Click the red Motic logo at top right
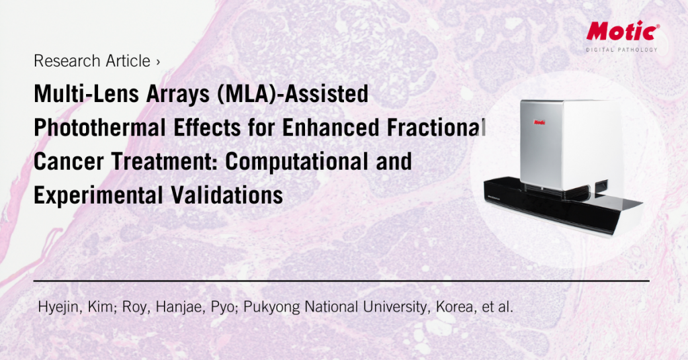click(623, 31)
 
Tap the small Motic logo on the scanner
click(540, 122)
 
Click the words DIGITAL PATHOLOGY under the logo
click(621, 50)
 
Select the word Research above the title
click(62, 61)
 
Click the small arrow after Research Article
click(158, 62)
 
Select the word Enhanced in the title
click(331, 128)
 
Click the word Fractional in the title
click(436, 128)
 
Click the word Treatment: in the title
click(164, 161)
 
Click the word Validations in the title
click(227, 195)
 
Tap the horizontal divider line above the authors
click(341, 281)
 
